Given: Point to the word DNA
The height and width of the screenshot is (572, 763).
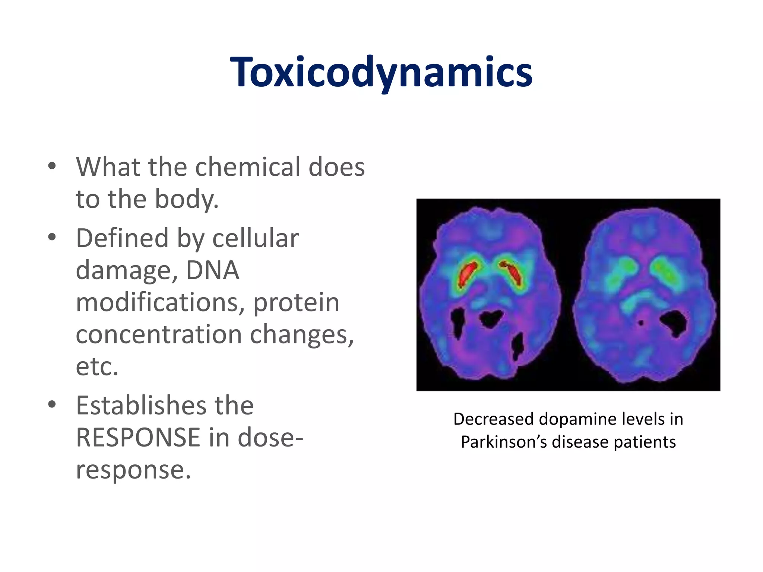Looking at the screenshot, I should coord(212,270).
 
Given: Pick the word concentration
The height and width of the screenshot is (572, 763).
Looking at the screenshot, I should coord(159,334).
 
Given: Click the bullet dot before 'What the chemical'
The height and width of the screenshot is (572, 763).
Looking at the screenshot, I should coord(52,166).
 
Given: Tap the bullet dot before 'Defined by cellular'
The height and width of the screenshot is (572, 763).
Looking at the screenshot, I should coord(52,237).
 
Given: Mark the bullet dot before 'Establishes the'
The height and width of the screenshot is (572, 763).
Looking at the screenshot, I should coord(52,405).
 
